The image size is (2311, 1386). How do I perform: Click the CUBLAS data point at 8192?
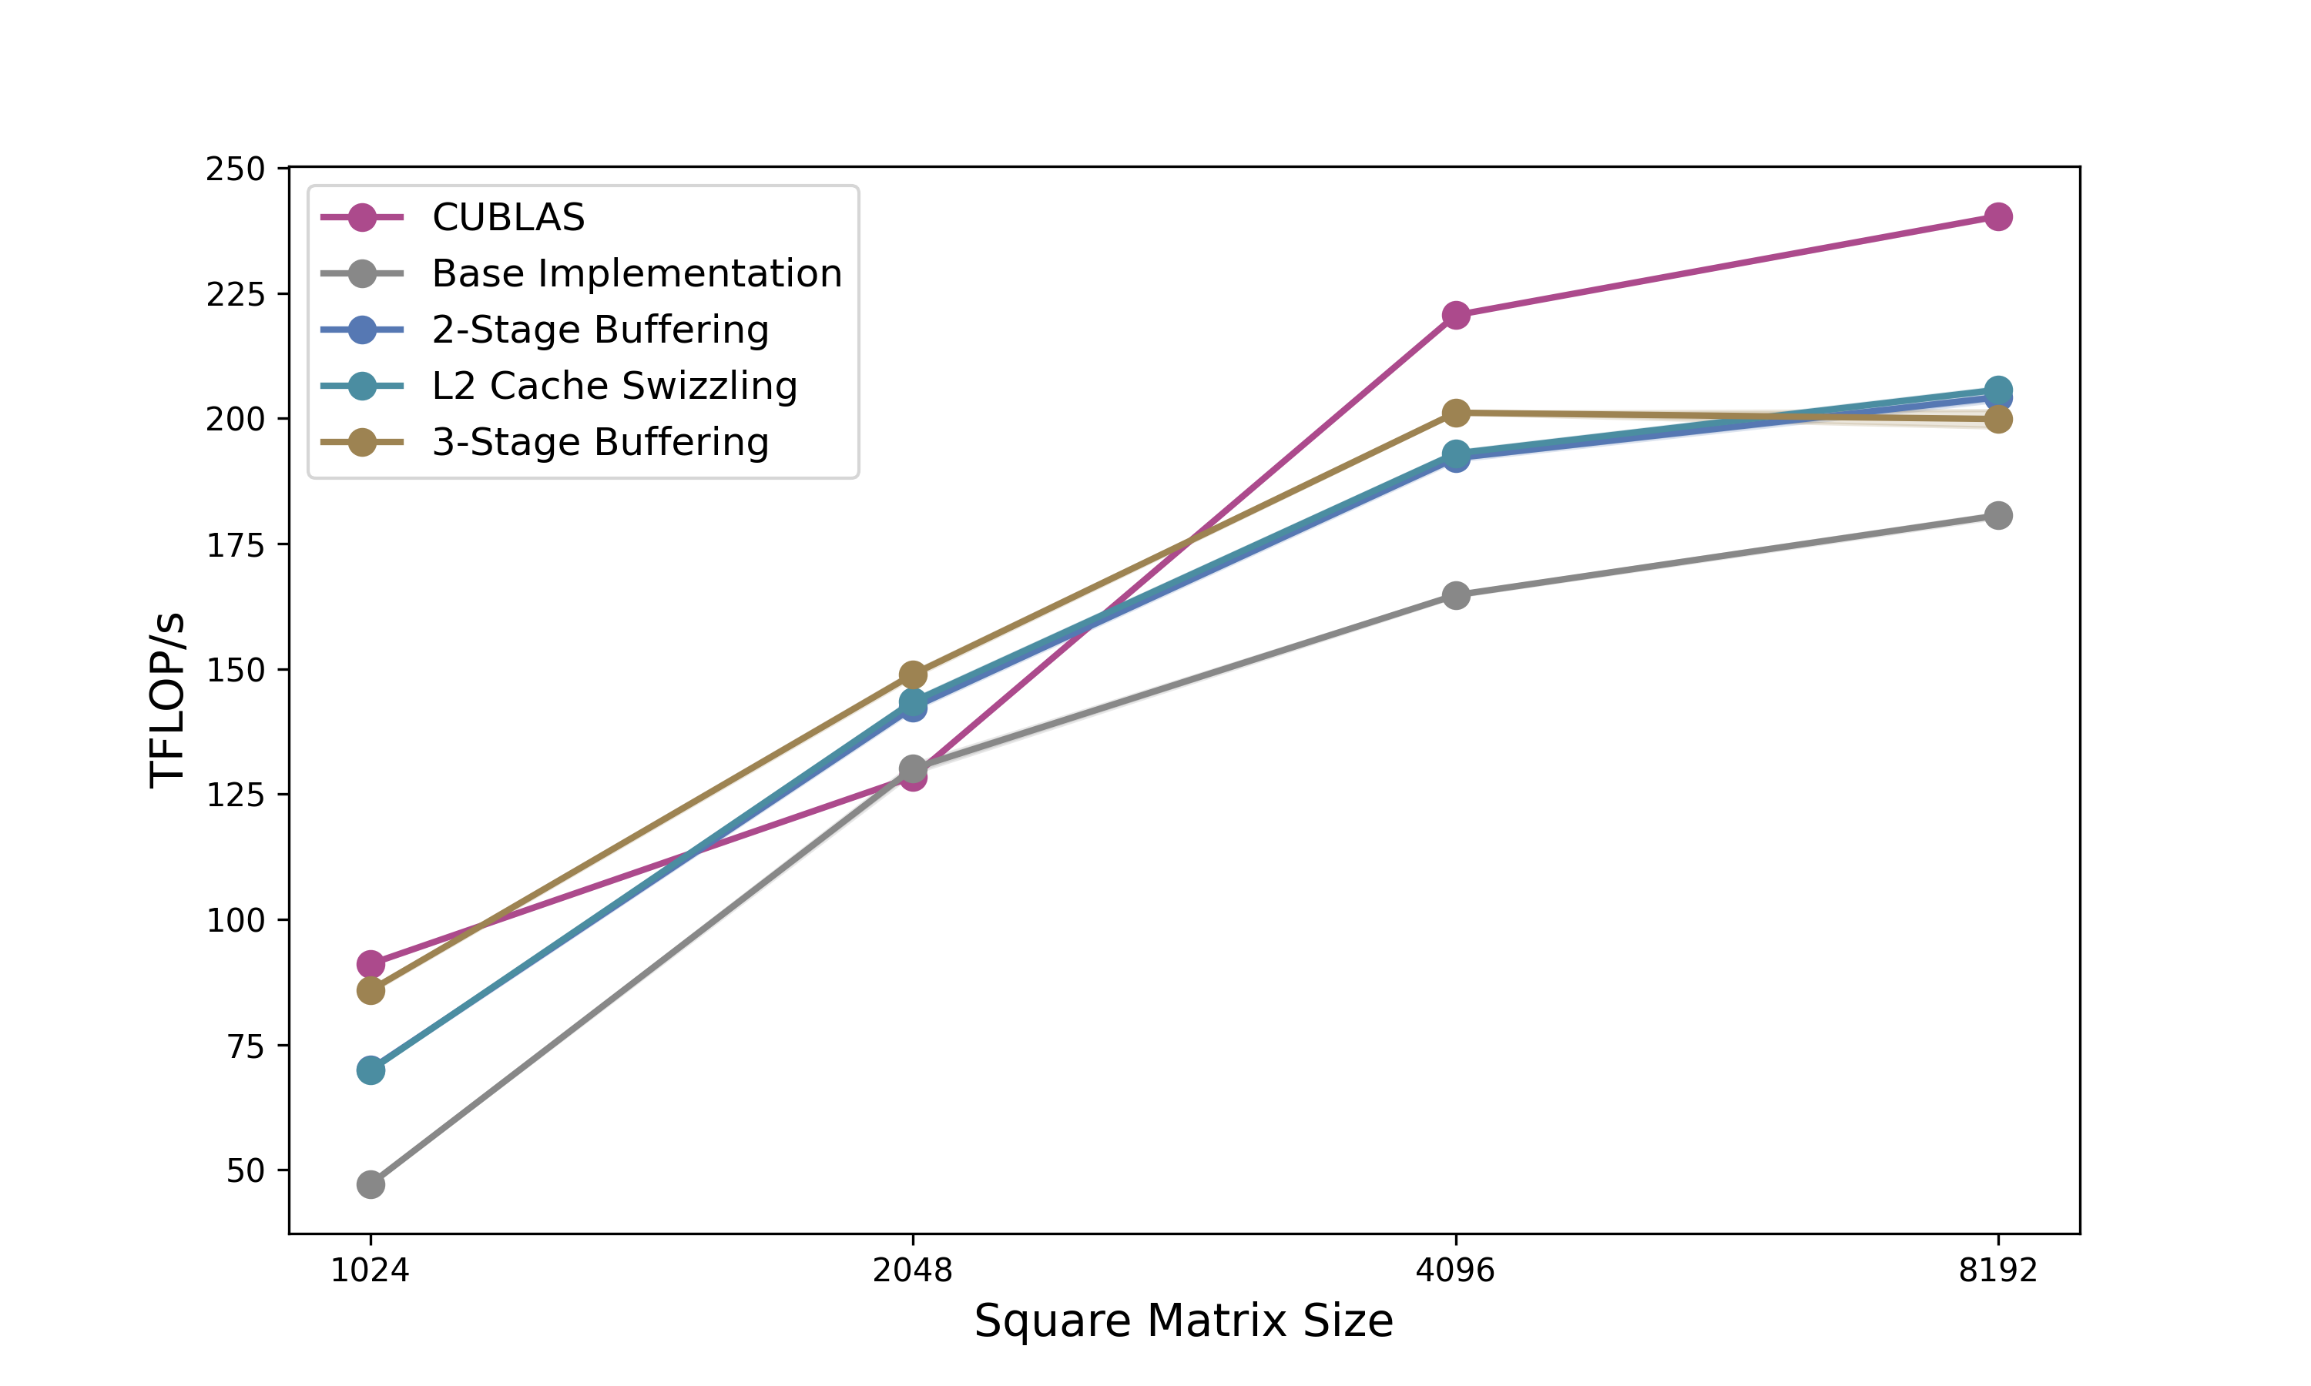coord(1997,216)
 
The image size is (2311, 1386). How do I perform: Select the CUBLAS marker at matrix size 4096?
coord(1455,316)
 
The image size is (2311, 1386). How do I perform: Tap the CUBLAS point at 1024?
coord(371,964)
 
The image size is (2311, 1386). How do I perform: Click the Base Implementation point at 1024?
coord(371,1184)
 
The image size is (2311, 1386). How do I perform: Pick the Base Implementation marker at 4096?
coord(1455,595)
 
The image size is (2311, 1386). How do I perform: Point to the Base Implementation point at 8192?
coord(1997,516)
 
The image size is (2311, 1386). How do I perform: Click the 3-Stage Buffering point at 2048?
coord(913,675)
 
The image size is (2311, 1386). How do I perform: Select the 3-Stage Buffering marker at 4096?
coord(1455,413)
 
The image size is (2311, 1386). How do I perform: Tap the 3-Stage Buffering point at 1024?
coord(371,990)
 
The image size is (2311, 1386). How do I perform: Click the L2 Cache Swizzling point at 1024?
coord(371,1070)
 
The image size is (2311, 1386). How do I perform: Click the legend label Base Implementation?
coord(636,273)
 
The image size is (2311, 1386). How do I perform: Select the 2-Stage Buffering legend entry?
coord(599,330)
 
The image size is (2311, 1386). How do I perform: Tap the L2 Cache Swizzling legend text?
coord(614,386)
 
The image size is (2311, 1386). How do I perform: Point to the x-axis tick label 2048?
coord(913,1271)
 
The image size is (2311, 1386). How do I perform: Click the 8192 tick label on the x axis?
coord(1997,1271)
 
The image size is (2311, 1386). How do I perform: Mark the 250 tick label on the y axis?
coord(236,169)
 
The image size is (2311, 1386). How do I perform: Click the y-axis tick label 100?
coord(236,921)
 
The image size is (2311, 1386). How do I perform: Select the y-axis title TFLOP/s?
coord(168,701)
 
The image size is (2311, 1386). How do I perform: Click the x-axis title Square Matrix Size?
coord(1182,1321)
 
